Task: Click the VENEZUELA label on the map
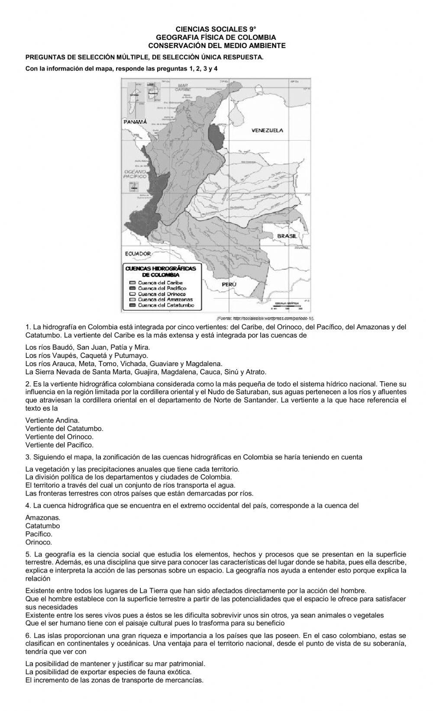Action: (267, 130)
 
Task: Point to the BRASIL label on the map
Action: (287, 236)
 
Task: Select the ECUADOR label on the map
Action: (138, 254)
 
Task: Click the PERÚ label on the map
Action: (229, 284)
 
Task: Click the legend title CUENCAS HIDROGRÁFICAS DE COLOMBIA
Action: (160, 271)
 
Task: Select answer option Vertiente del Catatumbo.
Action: (64, 428)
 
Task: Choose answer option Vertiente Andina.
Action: (52, 420)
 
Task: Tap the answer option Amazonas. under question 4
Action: (43, 518)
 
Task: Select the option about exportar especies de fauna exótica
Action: (108, 672)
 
